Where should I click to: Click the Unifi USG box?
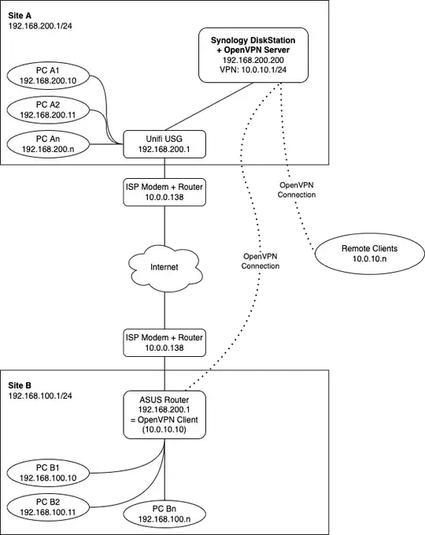[164, 142]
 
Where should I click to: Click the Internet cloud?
[164, 267]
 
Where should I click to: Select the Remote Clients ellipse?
[369, 254]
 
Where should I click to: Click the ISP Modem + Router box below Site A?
[164, 191]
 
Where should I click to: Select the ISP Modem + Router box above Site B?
[164, 342]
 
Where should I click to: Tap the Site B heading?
[21, 385]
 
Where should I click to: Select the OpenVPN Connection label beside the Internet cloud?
[262, 262]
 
